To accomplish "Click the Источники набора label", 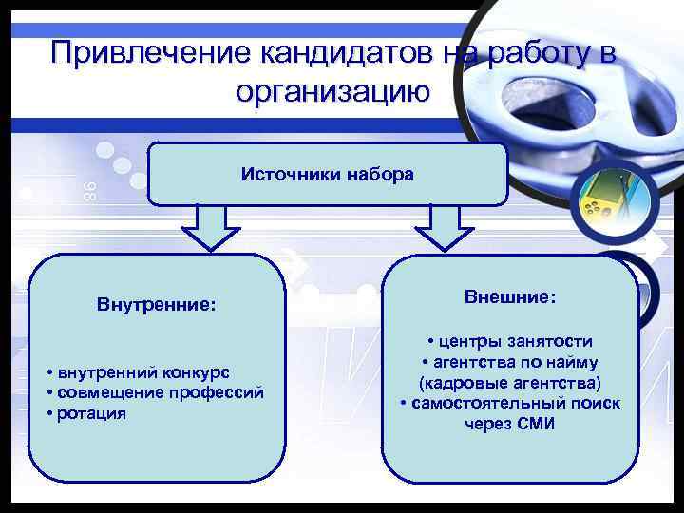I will pyautogui.click(x=327, y=174).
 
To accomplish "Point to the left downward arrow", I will pyautogui.click(x=204, y=229).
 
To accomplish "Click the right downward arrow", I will pyautogui.click(x=438, y=229).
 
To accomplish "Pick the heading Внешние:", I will pyautogui.click(x=510, y=296).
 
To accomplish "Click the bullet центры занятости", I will pyautogui.click(x=510, y=341).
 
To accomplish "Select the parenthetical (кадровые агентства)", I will pyautogui.click(x=510, y=382).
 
